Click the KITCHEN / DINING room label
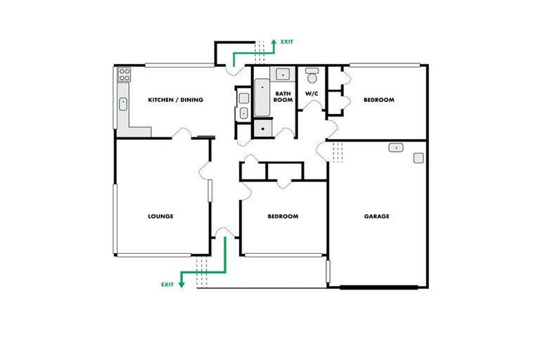click(x=175, y=100)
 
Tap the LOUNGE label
click(x=160, y=216)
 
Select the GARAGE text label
click(x=376, y=216)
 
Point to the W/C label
click(x=311, y=94)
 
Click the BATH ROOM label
click(x=283, y=97)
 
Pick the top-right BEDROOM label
click(x=378, y=100)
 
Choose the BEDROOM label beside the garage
click(x=283, y=216)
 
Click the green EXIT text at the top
click(x=287, y=42)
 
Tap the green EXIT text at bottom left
click(x=167, y=285)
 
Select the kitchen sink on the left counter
click(x=124, y=105)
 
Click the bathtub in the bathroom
click(x=262, y=98)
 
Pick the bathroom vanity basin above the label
click(x=283, y=75)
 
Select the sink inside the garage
click(x=395, y=148)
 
